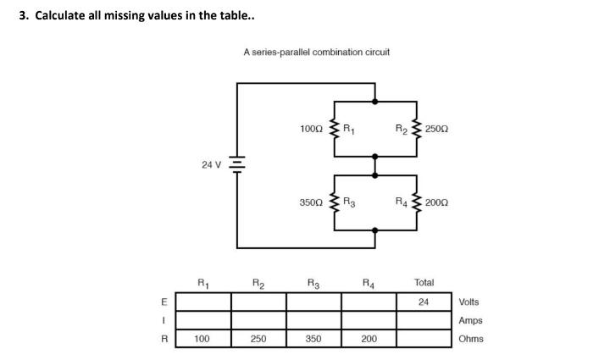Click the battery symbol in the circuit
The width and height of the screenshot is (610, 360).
238,165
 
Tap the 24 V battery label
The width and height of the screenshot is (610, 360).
212,165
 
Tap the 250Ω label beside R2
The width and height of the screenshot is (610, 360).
437,129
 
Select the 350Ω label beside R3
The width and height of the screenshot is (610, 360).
312,203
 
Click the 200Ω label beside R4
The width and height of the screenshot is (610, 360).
437,203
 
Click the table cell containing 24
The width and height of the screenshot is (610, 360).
424,302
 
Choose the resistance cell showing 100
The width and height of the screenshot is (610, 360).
202,339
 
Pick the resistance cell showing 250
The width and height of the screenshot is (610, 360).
258,339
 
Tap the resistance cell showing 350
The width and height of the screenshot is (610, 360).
313,339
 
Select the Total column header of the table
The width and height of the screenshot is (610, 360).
424,282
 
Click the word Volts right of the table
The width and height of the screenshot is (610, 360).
469,302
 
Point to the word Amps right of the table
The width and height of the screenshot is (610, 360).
470,320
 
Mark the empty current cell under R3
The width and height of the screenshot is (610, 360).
313,320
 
